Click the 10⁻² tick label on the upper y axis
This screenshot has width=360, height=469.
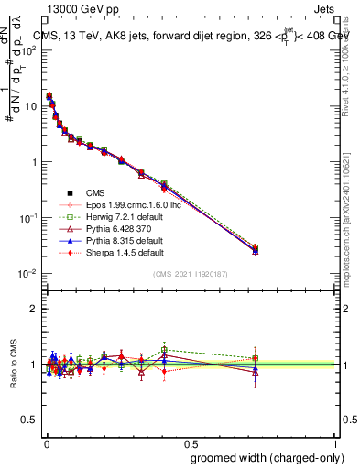pyautogui.click(x=27, y=274)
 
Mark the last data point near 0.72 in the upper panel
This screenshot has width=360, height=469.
pyautogui.click(x=256, y=249)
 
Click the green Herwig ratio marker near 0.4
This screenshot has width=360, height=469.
pyautogui.click(x=164, y=350)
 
